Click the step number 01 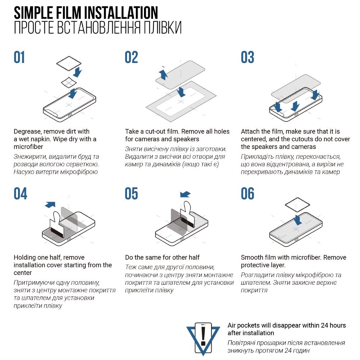pos(19,57)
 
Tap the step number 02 pos(131,57)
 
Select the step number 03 pos(248,57)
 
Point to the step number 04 pos(21,194)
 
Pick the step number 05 pos(131,194)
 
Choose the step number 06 pos(248,194)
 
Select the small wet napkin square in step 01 pos(68,82)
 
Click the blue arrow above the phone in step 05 pos(185,194)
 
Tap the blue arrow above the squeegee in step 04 pos(50,204)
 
